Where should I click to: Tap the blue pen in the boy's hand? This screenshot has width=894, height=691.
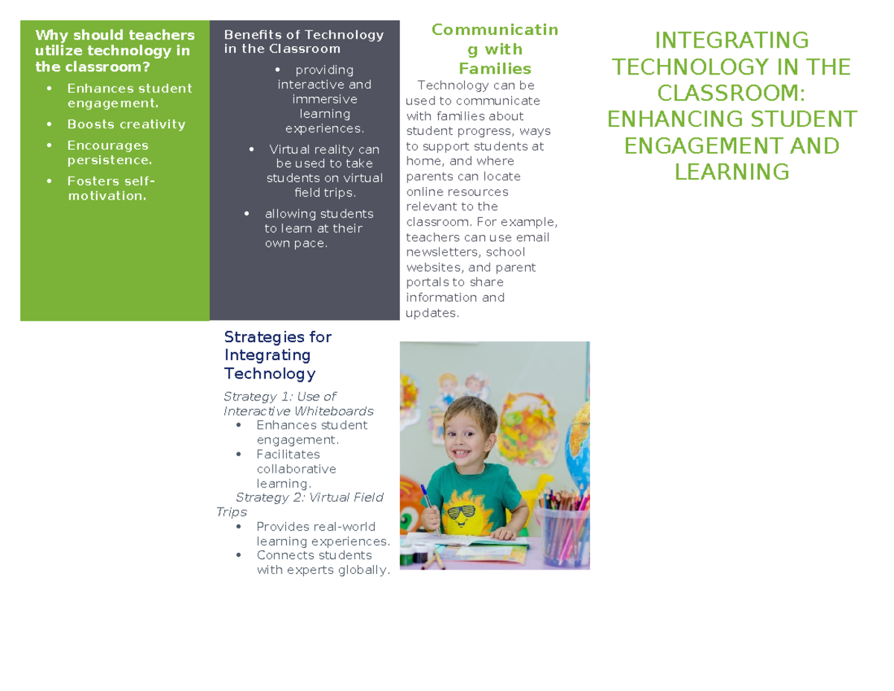(x=426, y=499)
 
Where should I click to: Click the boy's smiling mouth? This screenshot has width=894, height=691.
(x=466, y=453)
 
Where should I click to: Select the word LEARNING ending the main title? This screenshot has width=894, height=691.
(x=732, y=172)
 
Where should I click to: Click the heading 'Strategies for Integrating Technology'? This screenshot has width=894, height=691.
(x=278, y=355)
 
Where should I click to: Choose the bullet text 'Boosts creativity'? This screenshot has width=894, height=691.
(x=126, y=124)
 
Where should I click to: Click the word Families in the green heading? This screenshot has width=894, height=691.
(x=495, y=69)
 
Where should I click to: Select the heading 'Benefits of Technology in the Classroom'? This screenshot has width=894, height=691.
(x=304, y=42)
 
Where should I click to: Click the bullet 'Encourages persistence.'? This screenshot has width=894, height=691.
(x=109, y=153)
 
